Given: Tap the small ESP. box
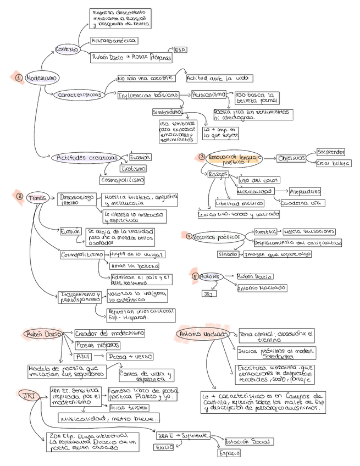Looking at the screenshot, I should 180,50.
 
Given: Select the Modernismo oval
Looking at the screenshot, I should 41,78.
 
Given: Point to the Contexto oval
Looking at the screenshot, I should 67,49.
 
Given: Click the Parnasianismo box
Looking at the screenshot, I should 208,95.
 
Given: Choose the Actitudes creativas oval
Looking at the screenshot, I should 87,158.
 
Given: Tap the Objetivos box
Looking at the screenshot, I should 291,158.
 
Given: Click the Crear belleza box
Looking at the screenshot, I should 333,163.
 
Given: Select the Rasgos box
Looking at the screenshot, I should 218,174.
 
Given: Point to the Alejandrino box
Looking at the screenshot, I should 304,191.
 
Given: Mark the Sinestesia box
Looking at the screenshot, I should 265,231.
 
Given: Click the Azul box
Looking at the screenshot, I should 84,356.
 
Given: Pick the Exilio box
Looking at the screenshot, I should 163,447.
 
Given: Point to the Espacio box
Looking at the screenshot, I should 228,453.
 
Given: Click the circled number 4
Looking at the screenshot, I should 189,236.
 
